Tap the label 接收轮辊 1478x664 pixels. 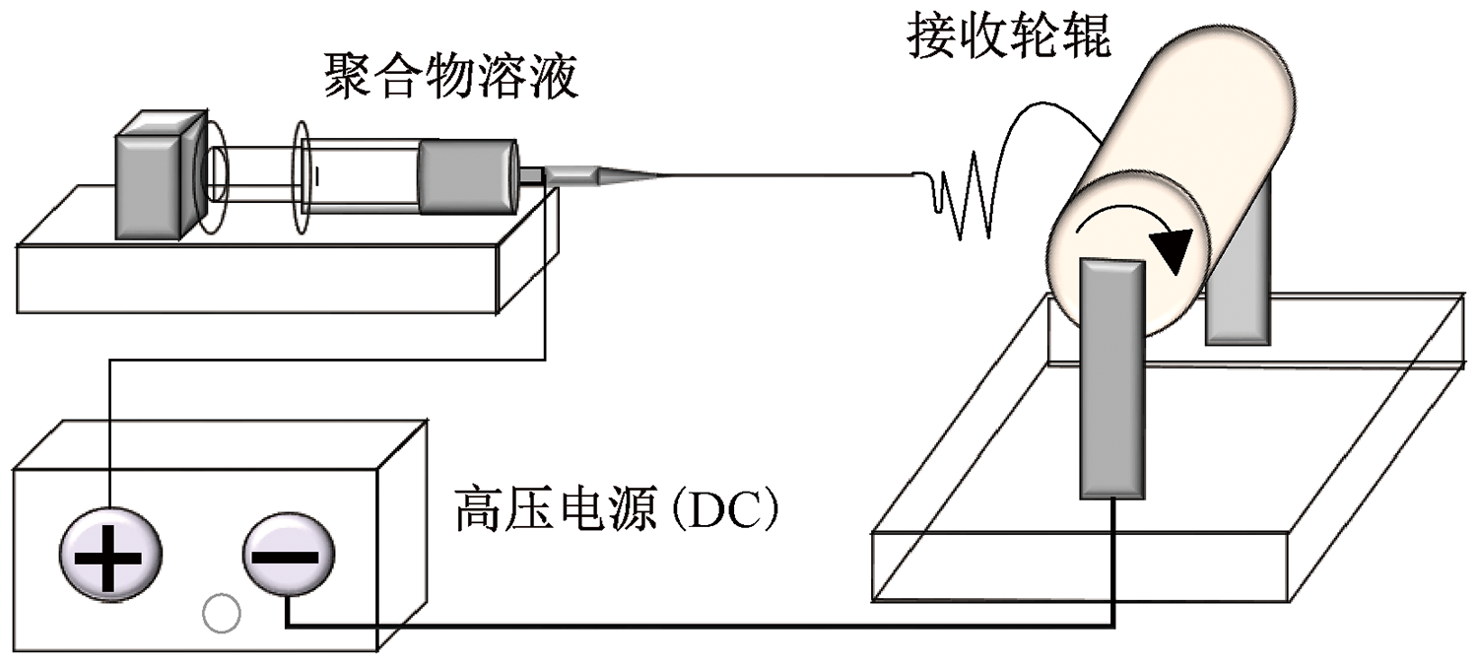1009,37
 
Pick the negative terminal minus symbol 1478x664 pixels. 288,557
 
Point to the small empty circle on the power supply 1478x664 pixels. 221,614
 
